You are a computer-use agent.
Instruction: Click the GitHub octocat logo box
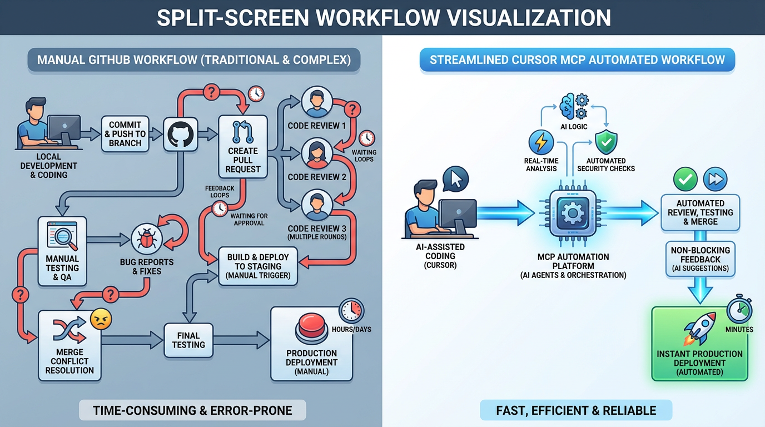181,134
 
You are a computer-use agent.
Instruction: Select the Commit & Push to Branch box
125,134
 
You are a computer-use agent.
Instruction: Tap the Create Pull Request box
243,147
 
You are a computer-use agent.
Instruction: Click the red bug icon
147,239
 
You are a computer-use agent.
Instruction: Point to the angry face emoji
101,319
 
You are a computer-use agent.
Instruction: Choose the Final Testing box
188,340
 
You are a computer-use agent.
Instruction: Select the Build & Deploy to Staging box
258,266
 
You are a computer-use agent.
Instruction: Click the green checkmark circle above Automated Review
685,179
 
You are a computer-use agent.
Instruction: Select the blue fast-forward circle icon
715,179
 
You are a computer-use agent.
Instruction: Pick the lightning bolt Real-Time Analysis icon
540,142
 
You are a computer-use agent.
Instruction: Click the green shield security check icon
606,142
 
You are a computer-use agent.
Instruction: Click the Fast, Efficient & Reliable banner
575,411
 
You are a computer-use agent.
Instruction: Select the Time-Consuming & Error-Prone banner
192,411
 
